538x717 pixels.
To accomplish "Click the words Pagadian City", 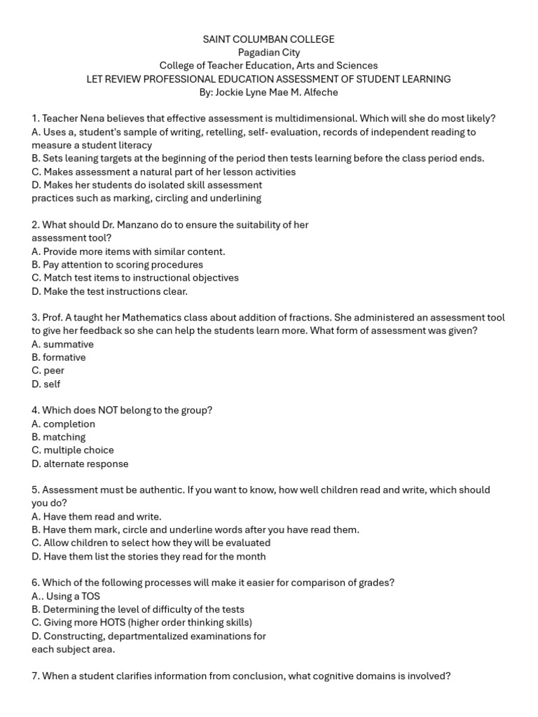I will (269, 53).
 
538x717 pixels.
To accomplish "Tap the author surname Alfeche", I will (319, 92).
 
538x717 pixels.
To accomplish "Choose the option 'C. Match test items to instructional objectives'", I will (135, 278).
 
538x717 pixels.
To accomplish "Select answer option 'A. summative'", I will (62, 344).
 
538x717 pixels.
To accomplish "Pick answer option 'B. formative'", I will (59, 358).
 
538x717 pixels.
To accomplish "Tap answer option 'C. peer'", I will (48, 371).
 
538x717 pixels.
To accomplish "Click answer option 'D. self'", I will (46, 384).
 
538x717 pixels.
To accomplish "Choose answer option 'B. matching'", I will (59, 437).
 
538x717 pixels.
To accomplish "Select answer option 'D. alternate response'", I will (80, 464).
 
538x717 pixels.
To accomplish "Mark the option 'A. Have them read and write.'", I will (97, 517).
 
